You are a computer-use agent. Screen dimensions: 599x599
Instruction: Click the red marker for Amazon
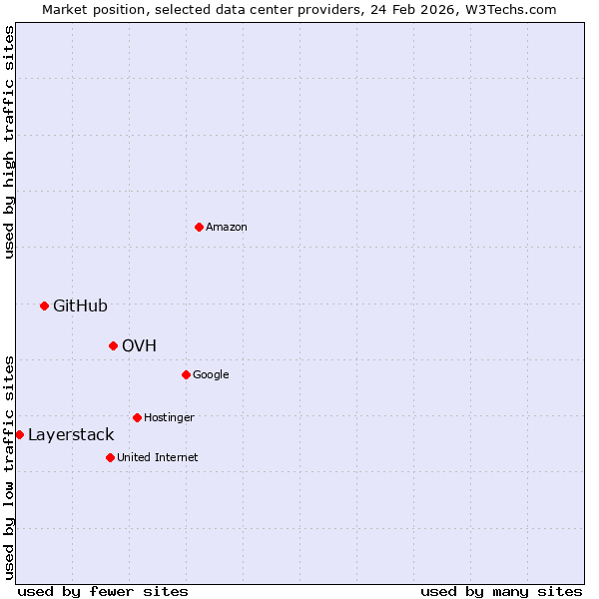click(199, 227)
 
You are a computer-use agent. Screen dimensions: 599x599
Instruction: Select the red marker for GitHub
click(44, 305)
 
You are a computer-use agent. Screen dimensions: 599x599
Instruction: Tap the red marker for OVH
click(113, 345)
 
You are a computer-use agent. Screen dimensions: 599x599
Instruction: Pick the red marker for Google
click(186, 374)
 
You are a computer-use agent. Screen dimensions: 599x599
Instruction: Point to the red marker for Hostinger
click(137, 417)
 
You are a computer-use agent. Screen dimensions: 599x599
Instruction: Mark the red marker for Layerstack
click(19, 434)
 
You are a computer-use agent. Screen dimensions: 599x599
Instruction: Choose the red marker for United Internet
click(110, 457)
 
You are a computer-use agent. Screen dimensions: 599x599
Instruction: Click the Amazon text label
click(227, 228)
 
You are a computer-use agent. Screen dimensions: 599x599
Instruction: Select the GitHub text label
click(80, 306)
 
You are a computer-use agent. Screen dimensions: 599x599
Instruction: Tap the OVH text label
click(139, 346)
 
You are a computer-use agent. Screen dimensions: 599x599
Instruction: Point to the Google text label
click(211, 375)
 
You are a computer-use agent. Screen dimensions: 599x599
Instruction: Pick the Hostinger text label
click(169, 418)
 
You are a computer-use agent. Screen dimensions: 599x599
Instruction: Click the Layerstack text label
click(71, 435)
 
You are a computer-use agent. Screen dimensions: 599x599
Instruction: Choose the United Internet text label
click(157, 458)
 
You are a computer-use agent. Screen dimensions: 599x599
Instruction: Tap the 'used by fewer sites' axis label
click(103, 592)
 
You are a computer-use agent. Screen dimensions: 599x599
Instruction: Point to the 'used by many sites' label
click(501, 592)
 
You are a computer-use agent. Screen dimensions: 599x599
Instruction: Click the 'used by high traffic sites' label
click(9, 142)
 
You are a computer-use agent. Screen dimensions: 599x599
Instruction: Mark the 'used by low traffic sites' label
click(9, 467)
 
